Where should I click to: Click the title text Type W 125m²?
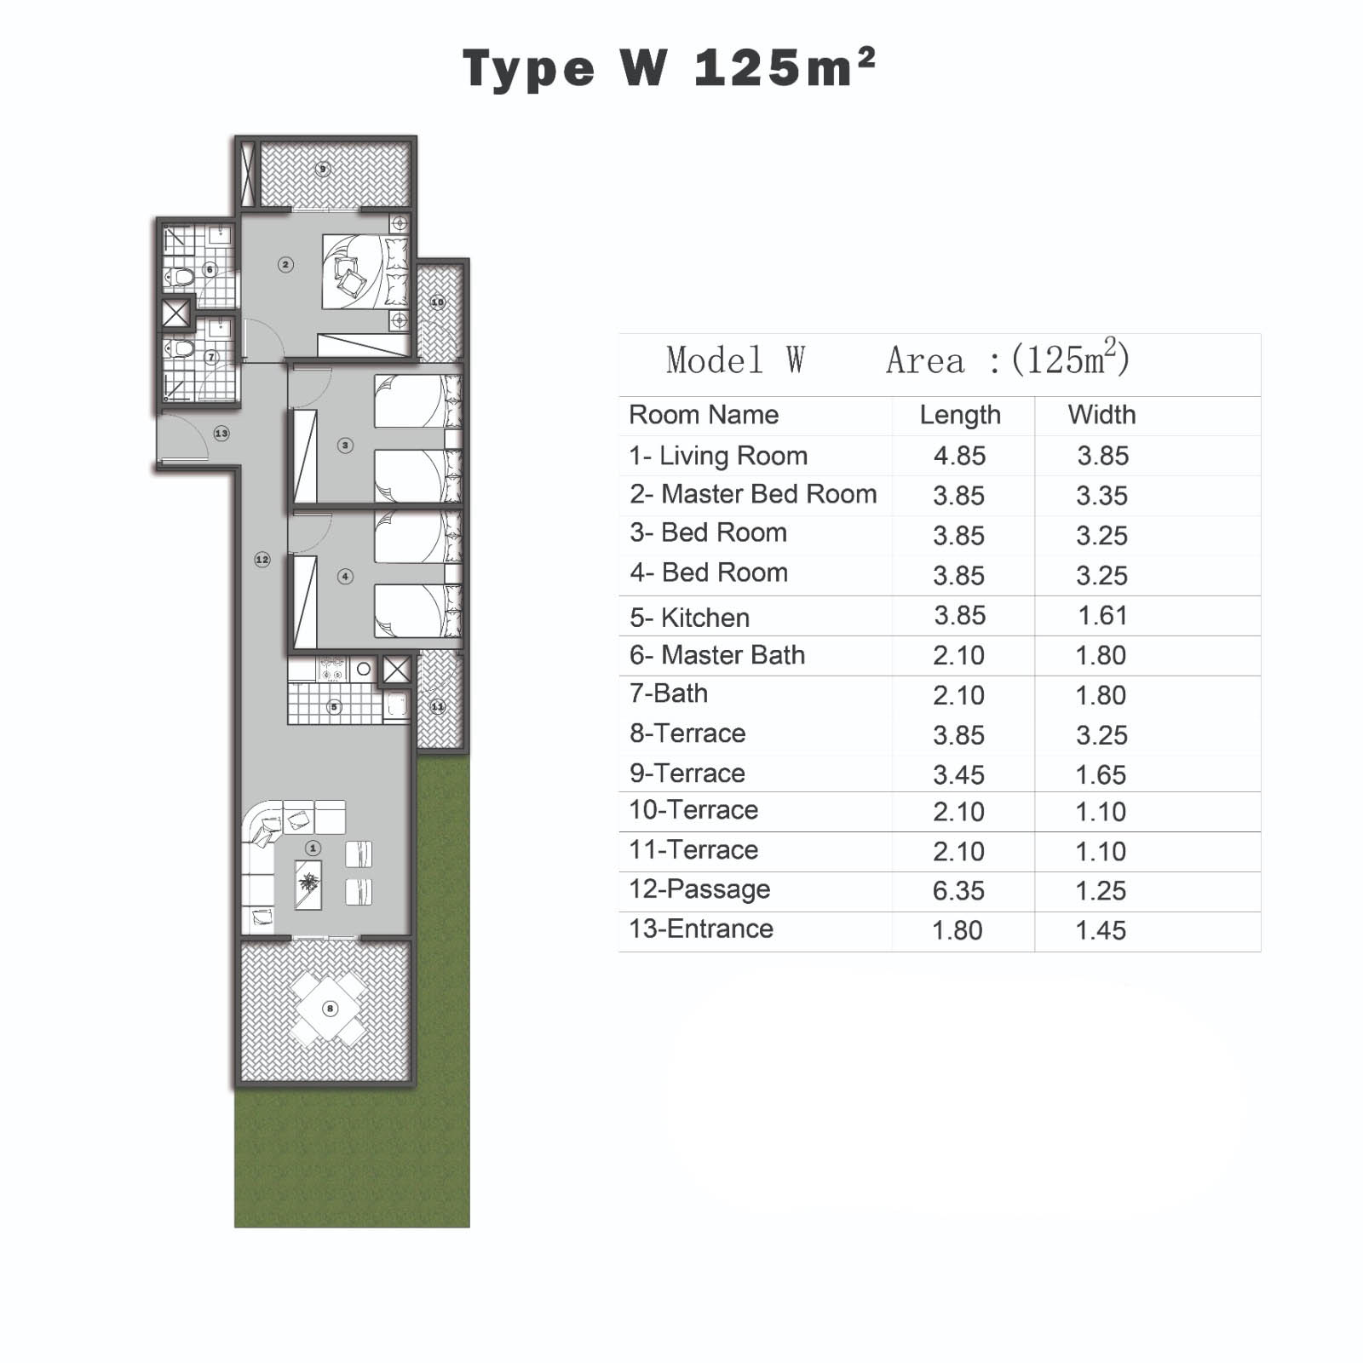669,68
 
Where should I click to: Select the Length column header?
960,415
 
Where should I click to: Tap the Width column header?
1101,415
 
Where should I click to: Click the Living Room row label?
718,456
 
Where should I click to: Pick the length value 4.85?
959,456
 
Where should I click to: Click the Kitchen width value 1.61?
1102,615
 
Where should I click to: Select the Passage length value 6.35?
958,890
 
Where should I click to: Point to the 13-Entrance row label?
701,929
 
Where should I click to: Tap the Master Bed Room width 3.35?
1101,495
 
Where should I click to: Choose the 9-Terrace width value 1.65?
1101,774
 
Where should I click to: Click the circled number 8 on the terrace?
330,1009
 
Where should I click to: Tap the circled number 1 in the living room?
313,848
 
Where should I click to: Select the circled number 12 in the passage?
262,560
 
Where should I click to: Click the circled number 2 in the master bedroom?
285,265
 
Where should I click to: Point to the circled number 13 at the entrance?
221,434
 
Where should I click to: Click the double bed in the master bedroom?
362,271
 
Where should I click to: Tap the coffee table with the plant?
308,885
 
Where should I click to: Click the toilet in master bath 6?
181,276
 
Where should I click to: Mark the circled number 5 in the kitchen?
334,706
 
